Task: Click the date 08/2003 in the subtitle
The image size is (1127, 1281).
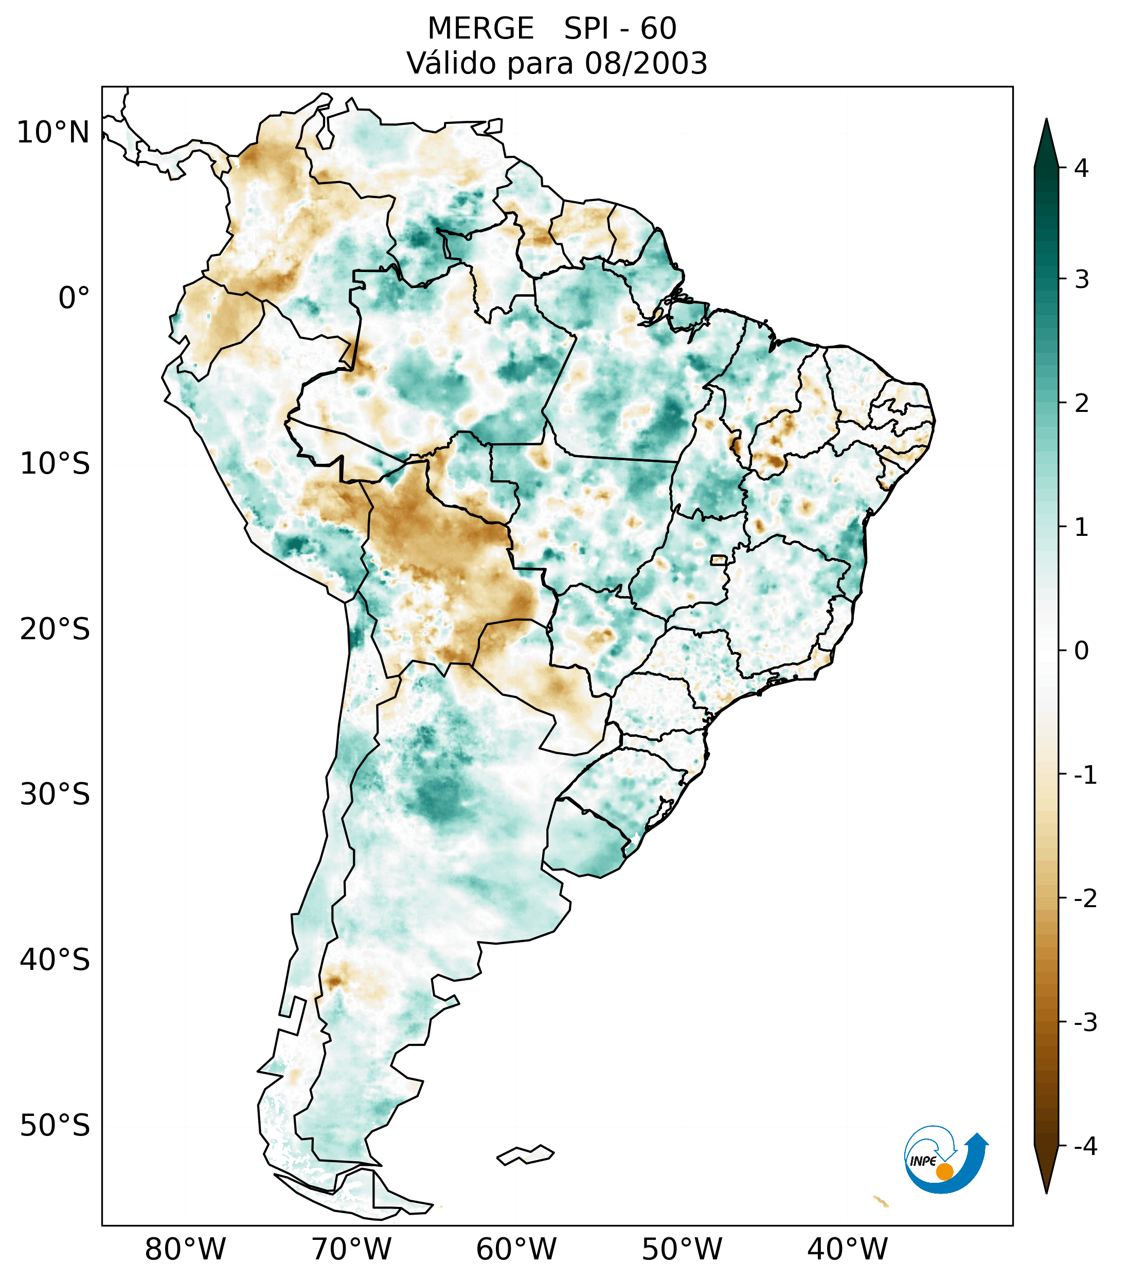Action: point(646,63)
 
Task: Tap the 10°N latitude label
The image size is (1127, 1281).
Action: point(52,133)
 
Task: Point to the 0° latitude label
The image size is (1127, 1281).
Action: point(74,298)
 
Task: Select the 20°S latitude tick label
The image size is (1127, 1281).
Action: point(55,629)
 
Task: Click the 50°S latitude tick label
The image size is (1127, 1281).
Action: point(55,1126)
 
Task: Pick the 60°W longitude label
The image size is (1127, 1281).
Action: point(516,1249)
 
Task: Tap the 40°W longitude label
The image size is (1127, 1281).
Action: point(847,1249)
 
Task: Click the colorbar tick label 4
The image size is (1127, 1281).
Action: point(1081,168)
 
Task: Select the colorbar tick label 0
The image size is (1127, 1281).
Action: point(1081,651)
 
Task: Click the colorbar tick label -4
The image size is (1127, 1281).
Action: point(1085,1146)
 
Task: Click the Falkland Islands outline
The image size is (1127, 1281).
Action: point(525,1154)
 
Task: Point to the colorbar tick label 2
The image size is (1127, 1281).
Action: point(1081,404)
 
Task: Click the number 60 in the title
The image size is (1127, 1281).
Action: point(658,29)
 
